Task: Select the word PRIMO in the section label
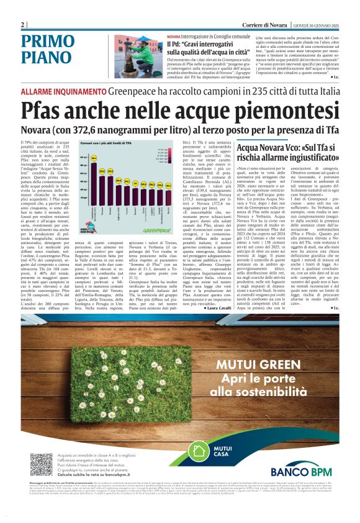tap(45, 42)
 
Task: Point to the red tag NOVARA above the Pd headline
tap(174, 37)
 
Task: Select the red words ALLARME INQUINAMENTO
tap(64, 91)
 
